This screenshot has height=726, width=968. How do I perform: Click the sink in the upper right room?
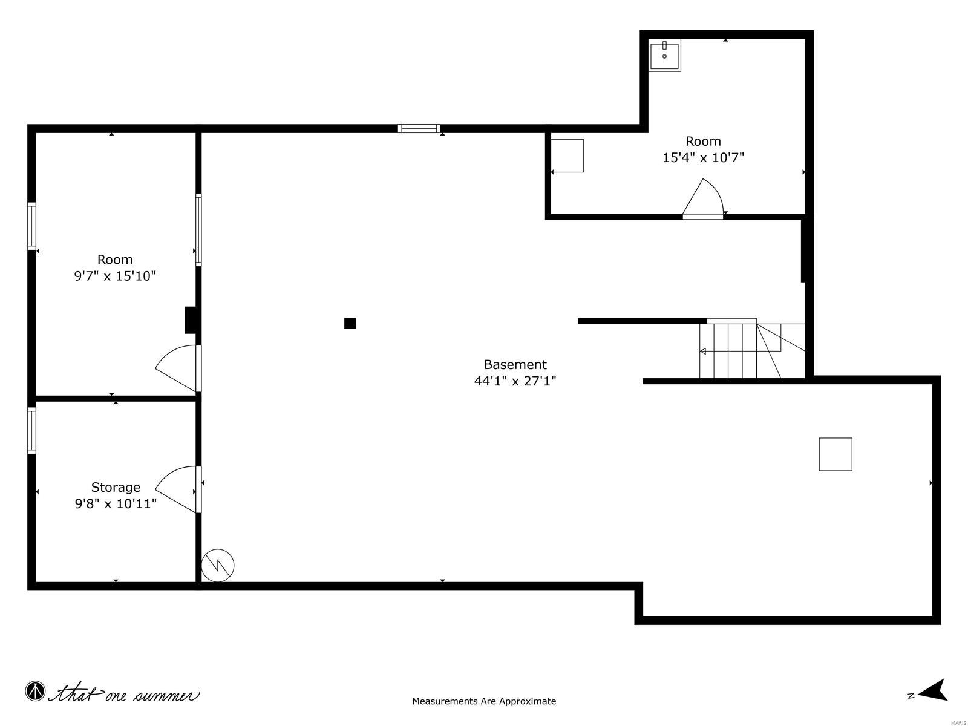coord(664,55)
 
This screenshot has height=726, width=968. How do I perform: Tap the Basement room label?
coord(515,365)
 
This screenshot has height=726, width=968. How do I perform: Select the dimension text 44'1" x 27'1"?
coord(515,381)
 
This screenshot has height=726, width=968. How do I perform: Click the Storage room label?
coord(116,487)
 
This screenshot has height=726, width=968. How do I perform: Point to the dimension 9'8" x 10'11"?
coord(116,503)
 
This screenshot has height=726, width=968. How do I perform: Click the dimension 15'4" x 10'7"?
coord(703,158)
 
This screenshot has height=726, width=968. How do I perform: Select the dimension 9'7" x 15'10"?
coord(115,276)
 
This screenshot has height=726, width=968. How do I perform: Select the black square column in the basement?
coord(350,323)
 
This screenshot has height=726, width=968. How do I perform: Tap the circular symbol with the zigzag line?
coord(217,566)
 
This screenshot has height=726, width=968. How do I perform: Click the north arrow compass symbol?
coord(934,690)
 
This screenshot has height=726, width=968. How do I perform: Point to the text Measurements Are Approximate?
coord(484,701)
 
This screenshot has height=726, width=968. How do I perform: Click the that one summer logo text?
coord(124,693)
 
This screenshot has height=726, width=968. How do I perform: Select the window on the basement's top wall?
coord(419,128)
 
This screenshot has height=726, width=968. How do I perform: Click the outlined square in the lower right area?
coord(835,454)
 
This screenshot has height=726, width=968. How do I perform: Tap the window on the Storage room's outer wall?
coord(31,430)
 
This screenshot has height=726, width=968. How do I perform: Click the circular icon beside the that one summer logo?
coord(35,691)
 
